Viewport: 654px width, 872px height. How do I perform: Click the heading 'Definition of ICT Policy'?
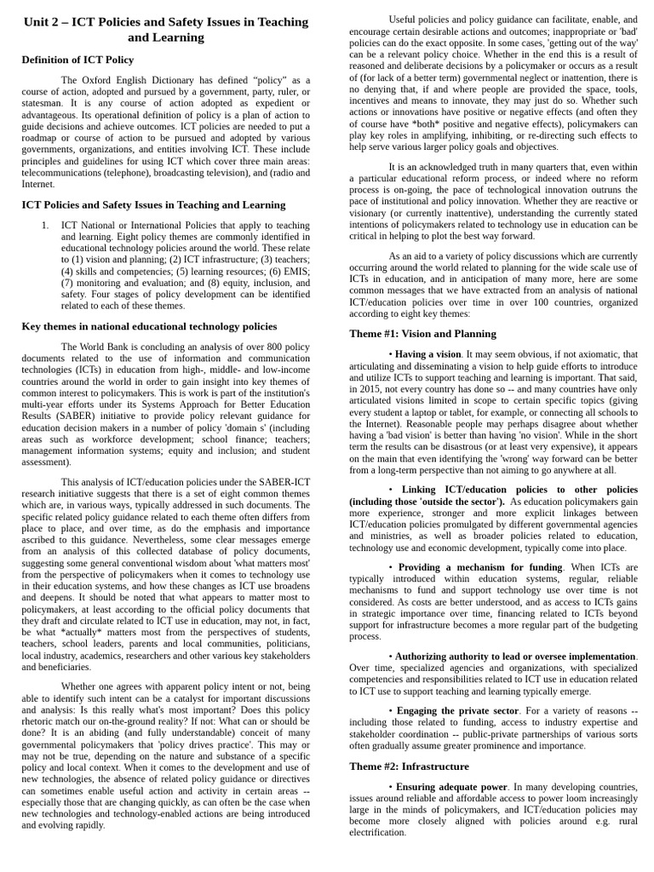click(77, 60)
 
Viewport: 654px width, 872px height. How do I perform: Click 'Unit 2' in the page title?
click(43, 22)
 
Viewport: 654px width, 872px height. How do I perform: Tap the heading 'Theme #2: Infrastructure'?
click(409, 766)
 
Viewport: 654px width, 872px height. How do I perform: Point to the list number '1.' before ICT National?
click(45, 226)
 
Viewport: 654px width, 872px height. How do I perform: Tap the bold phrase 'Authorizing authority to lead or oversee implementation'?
click(516, 657)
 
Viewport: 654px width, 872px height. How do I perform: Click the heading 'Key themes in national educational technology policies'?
click(149, 326)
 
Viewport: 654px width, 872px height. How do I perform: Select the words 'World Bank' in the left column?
click(107, 347)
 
